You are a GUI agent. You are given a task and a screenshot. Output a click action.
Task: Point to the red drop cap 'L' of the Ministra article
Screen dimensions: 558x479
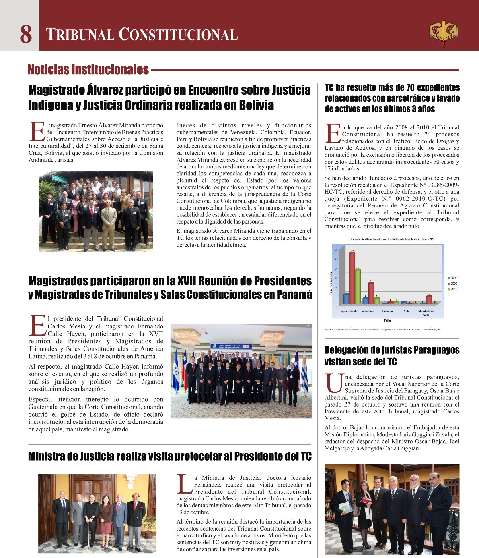[184, 483]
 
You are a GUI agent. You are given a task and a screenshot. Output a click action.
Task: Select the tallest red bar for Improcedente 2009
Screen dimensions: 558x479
[352, 278]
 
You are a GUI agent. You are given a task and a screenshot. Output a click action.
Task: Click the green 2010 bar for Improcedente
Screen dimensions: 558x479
[358, 286]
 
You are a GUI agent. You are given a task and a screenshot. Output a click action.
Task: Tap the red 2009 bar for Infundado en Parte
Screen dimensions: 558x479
[429, 299]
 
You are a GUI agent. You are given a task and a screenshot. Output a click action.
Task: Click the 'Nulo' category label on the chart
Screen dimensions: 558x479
[407, 311]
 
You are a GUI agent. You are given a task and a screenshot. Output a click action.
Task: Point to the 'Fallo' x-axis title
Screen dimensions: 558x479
[387, 321]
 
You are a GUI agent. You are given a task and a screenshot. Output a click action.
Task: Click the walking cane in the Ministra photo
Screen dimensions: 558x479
[89, 536]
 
